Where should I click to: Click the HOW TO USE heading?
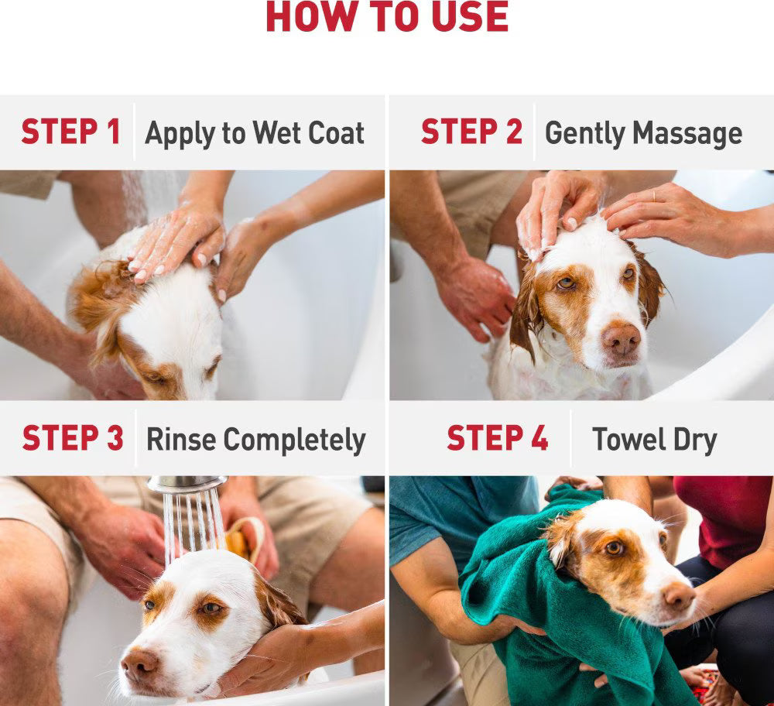387,17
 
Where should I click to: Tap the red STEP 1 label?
70,132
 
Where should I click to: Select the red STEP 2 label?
471,132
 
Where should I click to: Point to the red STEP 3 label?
72,438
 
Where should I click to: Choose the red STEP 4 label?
497,438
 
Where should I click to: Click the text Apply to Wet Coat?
255,133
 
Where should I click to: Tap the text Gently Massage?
643,133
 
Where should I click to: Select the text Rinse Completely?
255,440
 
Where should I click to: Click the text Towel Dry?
654,440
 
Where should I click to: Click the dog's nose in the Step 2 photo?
622,338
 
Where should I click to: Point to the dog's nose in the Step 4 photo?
680,596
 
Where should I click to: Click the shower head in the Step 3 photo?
187,484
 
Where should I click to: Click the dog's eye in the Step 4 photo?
615,547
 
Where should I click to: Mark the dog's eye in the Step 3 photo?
209,608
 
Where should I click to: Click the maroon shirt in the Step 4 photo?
724,519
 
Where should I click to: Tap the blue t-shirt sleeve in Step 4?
418,519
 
